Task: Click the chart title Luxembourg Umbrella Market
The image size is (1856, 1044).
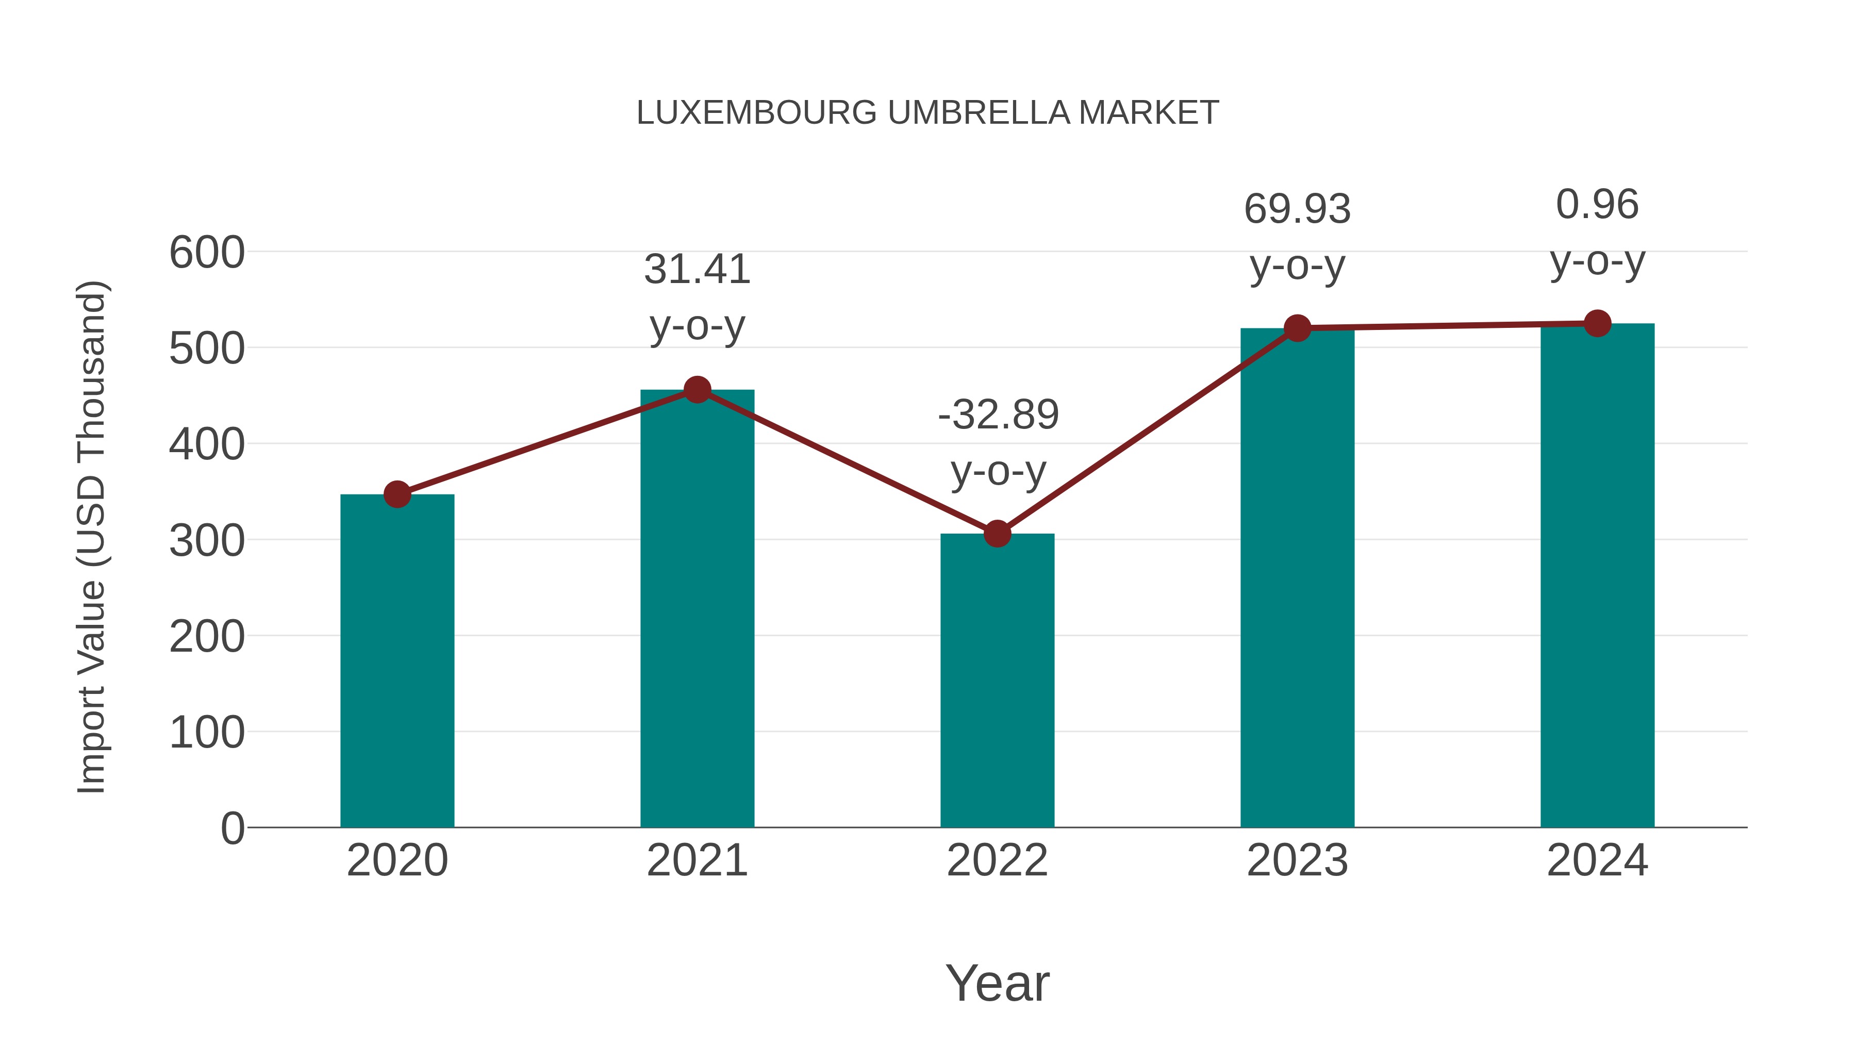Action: click(927, 113)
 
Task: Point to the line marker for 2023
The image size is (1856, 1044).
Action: click(1297, 328)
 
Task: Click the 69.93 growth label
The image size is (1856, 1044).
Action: click(1297, 210)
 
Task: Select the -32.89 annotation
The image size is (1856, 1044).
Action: click(998, 415)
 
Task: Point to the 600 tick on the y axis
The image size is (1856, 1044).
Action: click(207, 253)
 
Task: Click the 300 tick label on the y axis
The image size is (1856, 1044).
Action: click(207, 541)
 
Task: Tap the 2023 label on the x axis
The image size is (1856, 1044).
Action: click(1297, 860)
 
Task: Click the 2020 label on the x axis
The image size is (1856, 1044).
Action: click(397, 860)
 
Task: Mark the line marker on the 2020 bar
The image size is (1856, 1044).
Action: click(397, 494)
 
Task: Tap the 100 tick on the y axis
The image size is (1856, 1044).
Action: click(207, 733)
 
